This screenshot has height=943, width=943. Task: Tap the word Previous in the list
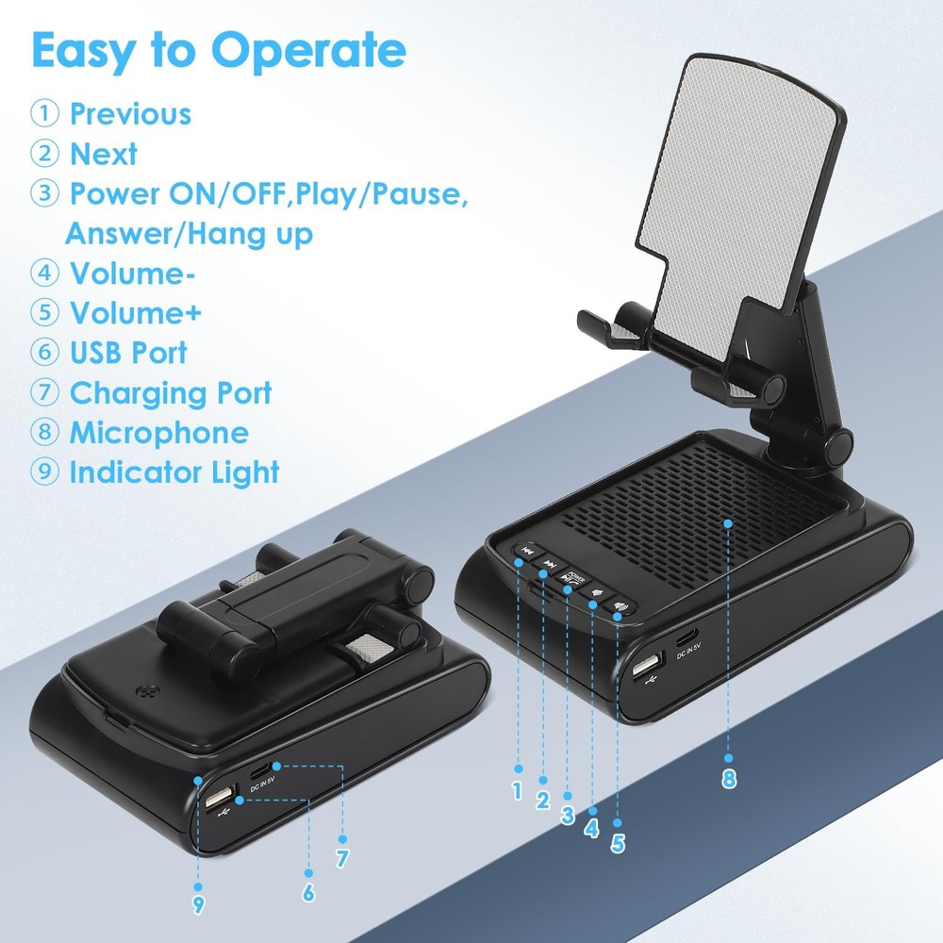pos(130,114)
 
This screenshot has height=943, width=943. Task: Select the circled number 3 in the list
pos(43,194)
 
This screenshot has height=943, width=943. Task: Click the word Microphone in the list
pos(158,433)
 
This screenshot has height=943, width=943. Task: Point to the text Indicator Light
pos(174,472)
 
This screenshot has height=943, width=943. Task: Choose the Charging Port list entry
pos(170,392)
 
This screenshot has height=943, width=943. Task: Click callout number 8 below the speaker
pos(729,779)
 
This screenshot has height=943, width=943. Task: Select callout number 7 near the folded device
pos(342,858)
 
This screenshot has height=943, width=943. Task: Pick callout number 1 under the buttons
pos(517,791)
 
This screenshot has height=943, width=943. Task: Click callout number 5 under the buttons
pos(618,843)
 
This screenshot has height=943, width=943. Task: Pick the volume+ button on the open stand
pos(619,608)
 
